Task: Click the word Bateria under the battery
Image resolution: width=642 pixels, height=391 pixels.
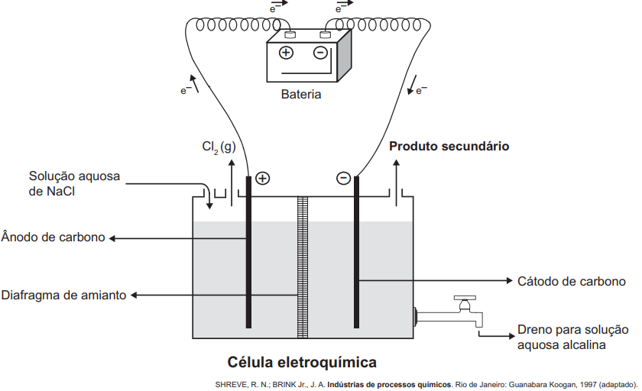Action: (301, 95)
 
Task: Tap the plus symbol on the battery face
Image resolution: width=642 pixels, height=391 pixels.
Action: (286, 53)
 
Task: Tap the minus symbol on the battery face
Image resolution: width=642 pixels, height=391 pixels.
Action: (320, 53)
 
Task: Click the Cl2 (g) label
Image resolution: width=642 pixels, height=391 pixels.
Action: (219, 147)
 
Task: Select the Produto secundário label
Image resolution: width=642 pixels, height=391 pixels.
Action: (449, 147)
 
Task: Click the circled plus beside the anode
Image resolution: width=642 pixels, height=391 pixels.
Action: (262, 179)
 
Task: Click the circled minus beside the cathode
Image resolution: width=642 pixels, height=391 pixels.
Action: (343, 178)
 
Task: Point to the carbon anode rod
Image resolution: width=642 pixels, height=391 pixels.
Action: (248, 252)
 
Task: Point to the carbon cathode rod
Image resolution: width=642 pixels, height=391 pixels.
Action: (357, 252)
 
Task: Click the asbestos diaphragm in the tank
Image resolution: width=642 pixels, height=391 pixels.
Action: (303, 267)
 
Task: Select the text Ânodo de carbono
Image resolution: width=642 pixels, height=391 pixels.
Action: (53, 238)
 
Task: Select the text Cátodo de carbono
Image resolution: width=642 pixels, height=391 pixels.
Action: (572, 281)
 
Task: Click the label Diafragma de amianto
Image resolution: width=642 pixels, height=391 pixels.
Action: (64, 296)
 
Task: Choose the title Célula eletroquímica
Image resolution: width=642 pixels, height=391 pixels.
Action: (302, 363)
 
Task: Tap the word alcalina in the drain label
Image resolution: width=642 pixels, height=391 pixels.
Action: (585, 344)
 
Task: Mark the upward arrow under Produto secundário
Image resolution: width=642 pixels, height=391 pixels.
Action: (396, 183)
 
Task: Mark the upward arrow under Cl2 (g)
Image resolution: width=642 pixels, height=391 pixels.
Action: (232, 183)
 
